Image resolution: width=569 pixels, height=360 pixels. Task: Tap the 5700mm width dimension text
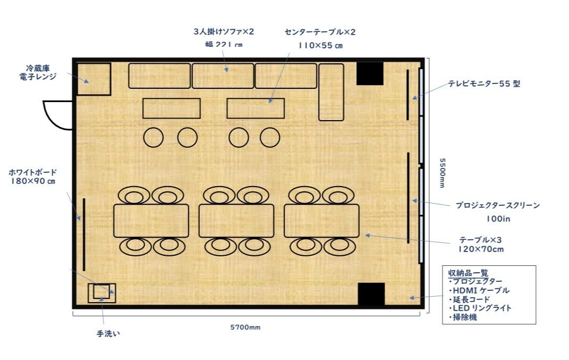pos(245,327)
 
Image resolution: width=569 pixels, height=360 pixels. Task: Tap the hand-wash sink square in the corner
pos(102,292)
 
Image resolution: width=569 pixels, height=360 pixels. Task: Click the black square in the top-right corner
pos(370,73)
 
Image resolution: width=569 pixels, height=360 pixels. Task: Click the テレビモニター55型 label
pos(484,83)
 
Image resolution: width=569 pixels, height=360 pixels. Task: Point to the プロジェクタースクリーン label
pos(497,205)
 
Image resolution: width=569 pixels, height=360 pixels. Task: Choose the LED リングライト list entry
pos(482,308)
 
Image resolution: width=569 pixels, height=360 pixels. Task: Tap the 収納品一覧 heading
pos(468,273)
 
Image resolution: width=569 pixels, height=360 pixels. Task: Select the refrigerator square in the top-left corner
pos(94,79)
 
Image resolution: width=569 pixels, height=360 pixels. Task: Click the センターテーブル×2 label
pos(320,32)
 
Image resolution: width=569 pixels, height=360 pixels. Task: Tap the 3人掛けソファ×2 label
pos(224,32)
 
